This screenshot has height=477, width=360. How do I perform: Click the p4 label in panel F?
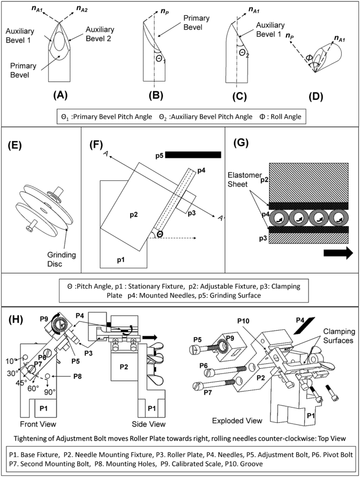[x=202, y=170]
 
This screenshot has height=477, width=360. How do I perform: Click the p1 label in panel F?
[x=120, y=259]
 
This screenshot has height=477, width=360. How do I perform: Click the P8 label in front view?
[x=77, y=376]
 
